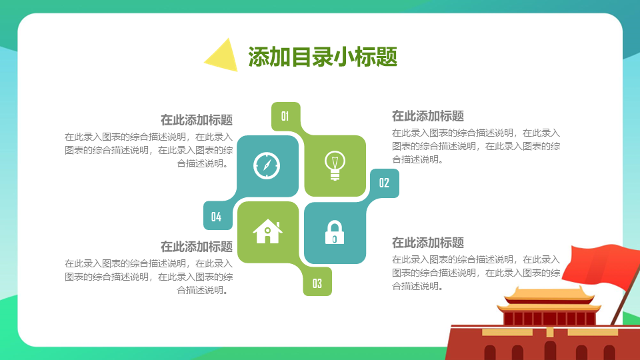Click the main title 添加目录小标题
(x=323, y=56)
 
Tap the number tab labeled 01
(x=285, y=117)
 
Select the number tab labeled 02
(x=384, y=183)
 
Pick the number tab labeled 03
(x=317, y=283)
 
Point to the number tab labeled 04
(x=217, y=216)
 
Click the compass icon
(x=267, y=166)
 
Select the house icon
(x=267, y=231)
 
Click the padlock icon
(x=334, y=233)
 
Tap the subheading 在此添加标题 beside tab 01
(x=196, y=120)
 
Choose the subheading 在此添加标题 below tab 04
(x=196, y=247)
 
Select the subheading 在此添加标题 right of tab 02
(x=428, y=116)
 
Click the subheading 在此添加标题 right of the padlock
(x=428, y=243)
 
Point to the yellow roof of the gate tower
(x=548, y=296)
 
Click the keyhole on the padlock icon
(x=334, y=239)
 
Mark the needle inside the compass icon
(x=267, y=166)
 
